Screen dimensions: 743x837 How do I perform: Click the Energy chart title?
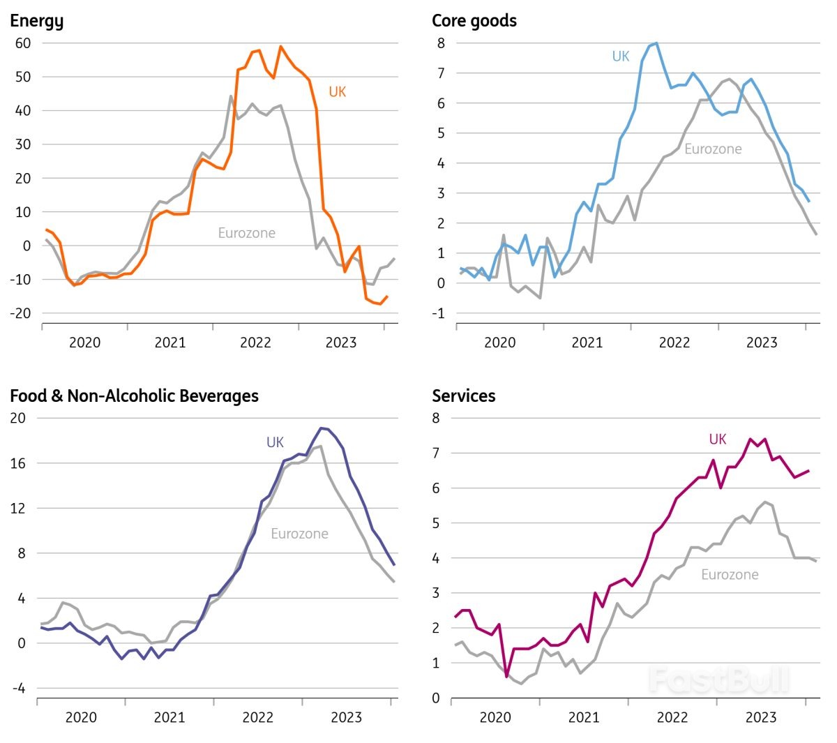[36, 22]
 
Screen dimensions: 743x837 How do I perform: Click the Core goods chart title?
[474, 21]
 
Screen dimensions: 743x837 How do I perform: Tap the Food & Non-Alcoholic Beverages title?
[134, 396]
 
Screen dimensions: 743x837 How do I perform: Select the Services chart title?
[464, 396]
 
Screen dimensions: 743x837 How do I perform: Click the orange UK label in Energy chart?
[337, 92]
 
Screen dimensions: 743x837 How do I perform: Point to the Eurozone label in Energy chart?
[246, 233]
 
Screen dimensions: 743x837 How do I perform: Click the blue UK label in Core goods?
[620, 57]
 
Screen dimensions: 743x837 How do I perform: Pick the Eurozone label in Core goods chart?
[713, 149]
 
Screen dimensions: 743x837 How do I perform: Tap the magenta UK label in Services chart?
[717, 440]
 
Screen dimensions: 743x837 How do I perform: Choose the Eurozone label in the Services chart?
[730, 575]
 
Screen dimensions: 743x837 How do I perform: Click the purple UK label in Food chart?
[275, 443]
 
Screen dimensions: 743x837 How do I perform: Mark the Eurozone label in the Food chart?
[299, 534]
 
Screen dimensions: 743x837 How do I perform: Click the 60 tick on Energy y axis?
[23, 43]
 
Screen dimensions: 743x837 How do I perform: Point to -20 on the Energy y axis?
[21, 313]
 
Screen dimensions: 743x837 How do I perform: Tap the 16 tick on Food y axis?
[17, 463]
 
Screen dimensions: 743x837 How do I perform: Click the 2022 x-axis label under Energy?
[255, 343]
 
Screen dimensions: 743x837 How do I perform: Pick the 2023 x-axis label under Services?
[760, 718]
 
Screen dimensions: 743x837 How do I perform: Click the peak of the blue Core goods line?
[656, 43]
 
